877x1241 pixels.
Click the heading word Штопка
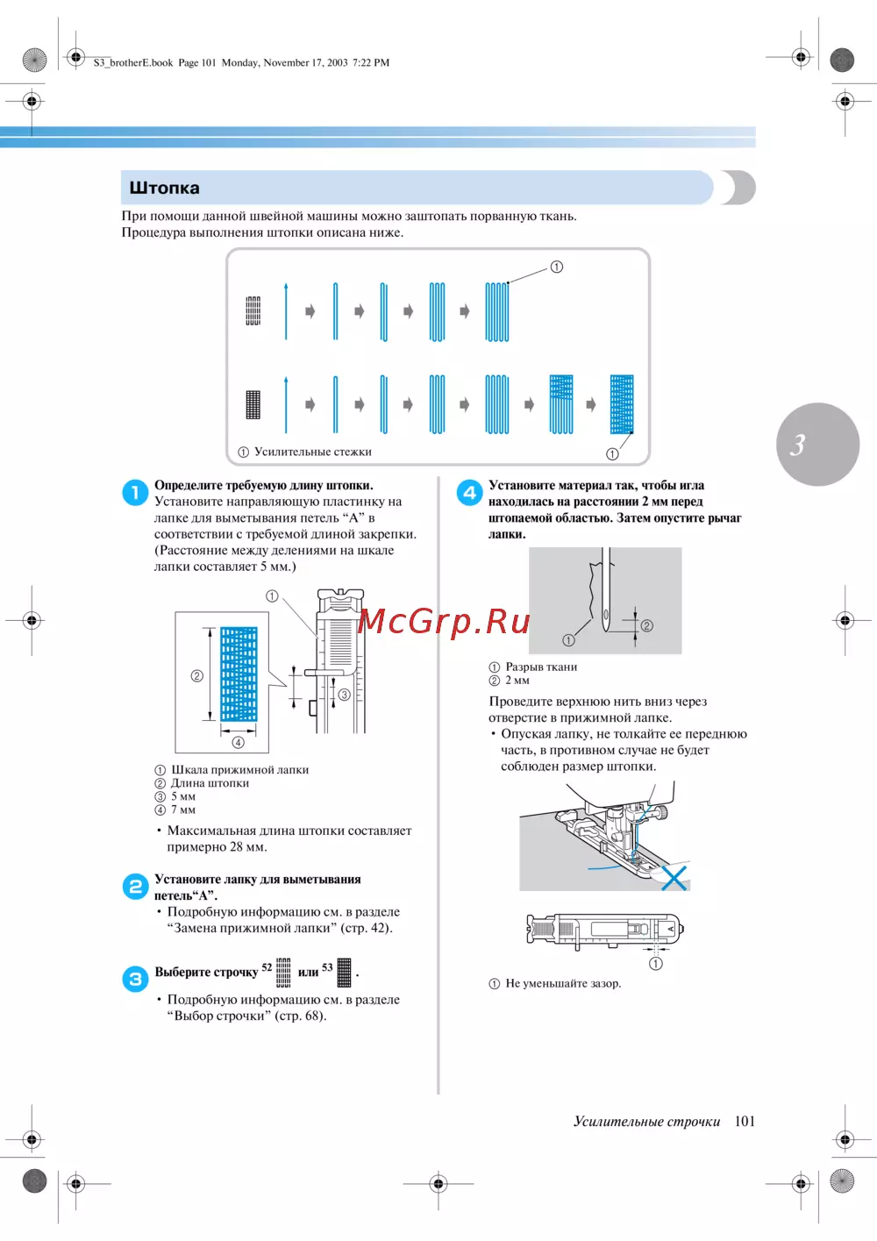164,188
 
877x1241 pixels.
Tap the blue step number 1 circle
134,493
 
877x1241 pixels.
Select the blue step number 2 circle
134,887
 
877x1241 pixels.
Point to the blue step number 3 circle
134,979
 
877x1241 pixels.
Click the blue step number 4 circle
469,493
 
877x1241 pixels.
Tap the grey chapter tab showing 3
817,445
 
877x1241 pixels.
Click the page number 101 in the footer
745,1121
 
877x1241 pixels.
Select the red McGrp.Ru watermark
444,621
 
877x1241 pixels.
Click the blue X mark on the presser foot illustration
674,878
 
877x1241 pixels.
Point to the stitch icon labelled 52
283,973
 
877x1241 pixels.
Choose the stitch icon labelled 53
345,973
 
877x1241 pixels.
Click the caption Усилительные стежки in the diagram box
312,452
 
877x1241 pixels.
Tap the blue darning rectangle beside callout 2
239,674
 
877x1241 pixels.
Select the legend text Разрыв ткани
541,667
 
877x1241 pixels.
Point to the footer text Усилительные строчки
646,1121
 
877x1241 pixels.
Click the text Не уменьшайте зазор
563,983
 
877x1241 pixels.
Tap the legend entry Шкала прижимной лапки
239,769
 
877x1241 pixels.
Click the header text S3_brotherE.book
133,62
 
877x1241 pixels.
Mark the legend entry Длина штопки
210,783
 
